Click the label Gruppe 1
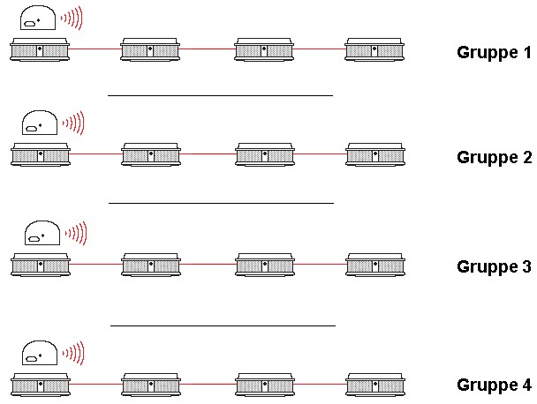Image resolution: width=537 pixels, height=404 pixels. pos(494,51)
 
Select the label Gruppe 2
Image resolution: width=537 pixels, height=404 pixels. pos(494,158)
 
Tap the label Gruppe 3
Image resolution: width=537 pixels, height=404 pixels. pos(494,266)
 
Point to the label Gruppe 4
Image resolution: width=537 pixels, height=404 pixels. pos(494,385)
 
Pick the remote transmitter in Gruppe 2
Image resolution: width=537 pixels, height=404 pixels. pos(39,122)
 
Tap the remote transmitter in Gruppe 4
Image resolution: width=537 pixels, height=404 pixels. pos(39,352)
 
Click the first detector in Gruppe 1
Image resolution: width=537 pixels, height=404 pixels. pos(40,49)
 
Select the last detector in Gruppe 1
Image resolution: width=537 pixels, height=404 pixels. pos(375,49)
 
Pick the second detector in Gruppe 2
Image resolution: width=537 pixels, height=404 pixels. pos(151,154)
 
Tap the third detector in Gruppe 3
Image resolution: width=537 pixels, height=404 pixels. pos(264,264)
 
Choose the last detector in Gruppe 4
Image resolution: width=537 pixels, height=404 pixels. pos(375,384)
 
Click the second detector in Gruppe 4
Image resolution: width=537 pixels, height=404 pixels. pos(151,384)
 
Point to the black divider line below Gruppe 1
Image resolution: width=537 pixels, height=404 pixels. pos(220,95)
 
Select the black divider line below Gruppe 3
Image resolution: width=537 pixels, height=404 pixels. pos(223,325)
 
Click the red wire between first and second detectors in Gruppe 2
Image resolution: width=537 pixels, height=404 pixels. pos(95,155)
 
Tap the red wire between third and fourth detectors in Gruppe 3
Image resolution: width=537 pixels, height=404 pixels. pos(320,264)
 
